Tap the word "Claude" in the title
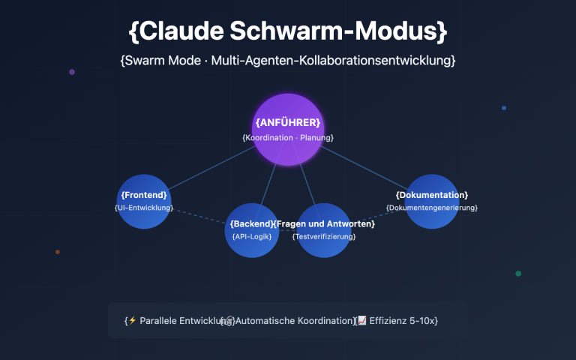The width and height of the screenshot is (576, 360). click(187, 31)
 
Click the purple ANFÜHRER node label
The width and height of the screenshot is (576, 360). click(288, 122)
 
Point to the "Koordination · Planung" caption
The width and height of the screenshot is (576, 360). click(288, 138)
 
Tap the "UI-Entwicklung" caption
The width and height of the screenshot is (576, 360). click(144, 208)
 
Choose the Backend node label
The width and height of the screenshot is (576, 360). click(251, 224)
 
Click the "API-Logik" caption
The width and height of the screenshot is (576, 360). click(251, 237)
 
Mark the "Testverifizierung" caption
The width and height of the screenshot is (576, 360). click(324, 237)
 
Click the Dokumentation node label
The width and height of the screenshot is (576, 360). click(432, 195)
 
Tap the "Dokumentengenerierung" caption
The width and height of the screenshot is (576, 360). click(432, 208)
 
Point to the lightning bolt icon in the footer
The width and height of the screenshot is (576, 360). click(133, 320)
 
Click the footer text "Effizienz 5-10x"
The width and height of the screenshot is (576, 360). click(403, 321)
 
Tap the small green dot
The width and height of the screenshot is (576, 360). click(518, 274)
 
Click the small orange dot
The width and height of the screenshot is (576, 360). click(58, 252)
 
